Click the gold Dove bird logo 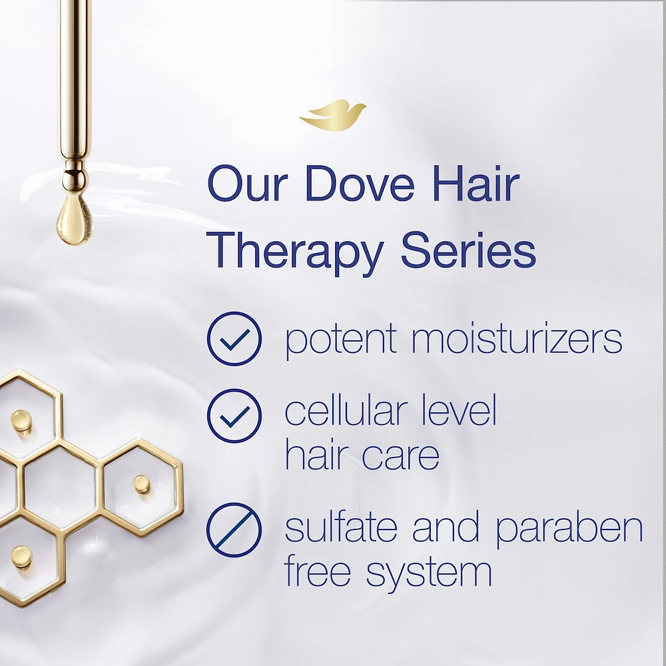click(332, 116)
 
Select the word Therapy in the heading click(298, 251)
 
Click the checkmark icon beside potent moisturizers click(234, 338)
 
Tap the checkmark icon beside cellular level click(234, 416)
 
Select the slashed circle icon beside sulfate click(234, 530)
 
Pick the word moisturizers click(517, 338)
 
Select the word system click(429, 572)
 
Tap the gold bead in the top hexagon click(21, 420)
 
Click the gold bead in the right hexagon click(141, 484)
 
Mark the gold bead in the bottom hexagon click(21, 556)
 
